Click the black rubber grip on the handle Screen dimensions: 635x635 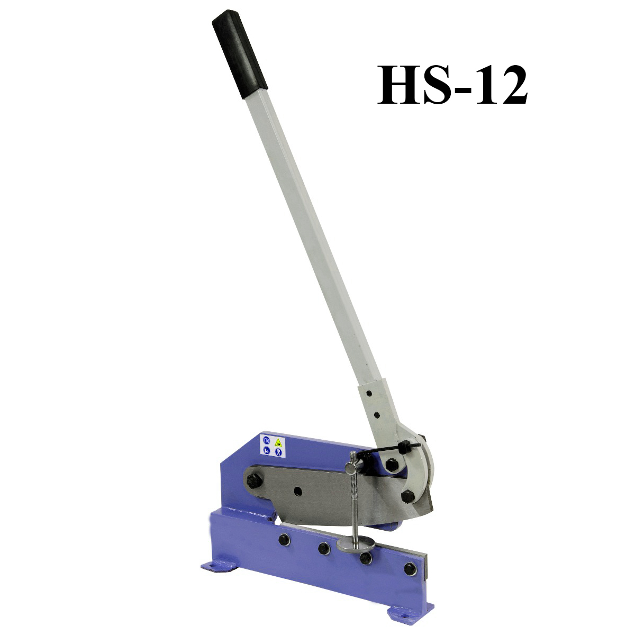[x=240, y=54]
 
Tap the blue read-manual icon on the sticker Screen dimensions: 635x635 [x=267, y=441]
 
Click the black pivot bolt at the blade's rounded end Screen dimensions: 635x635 [x=254, y=482]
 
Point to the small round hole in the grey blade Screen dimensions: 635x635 [x=298, y=492]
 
